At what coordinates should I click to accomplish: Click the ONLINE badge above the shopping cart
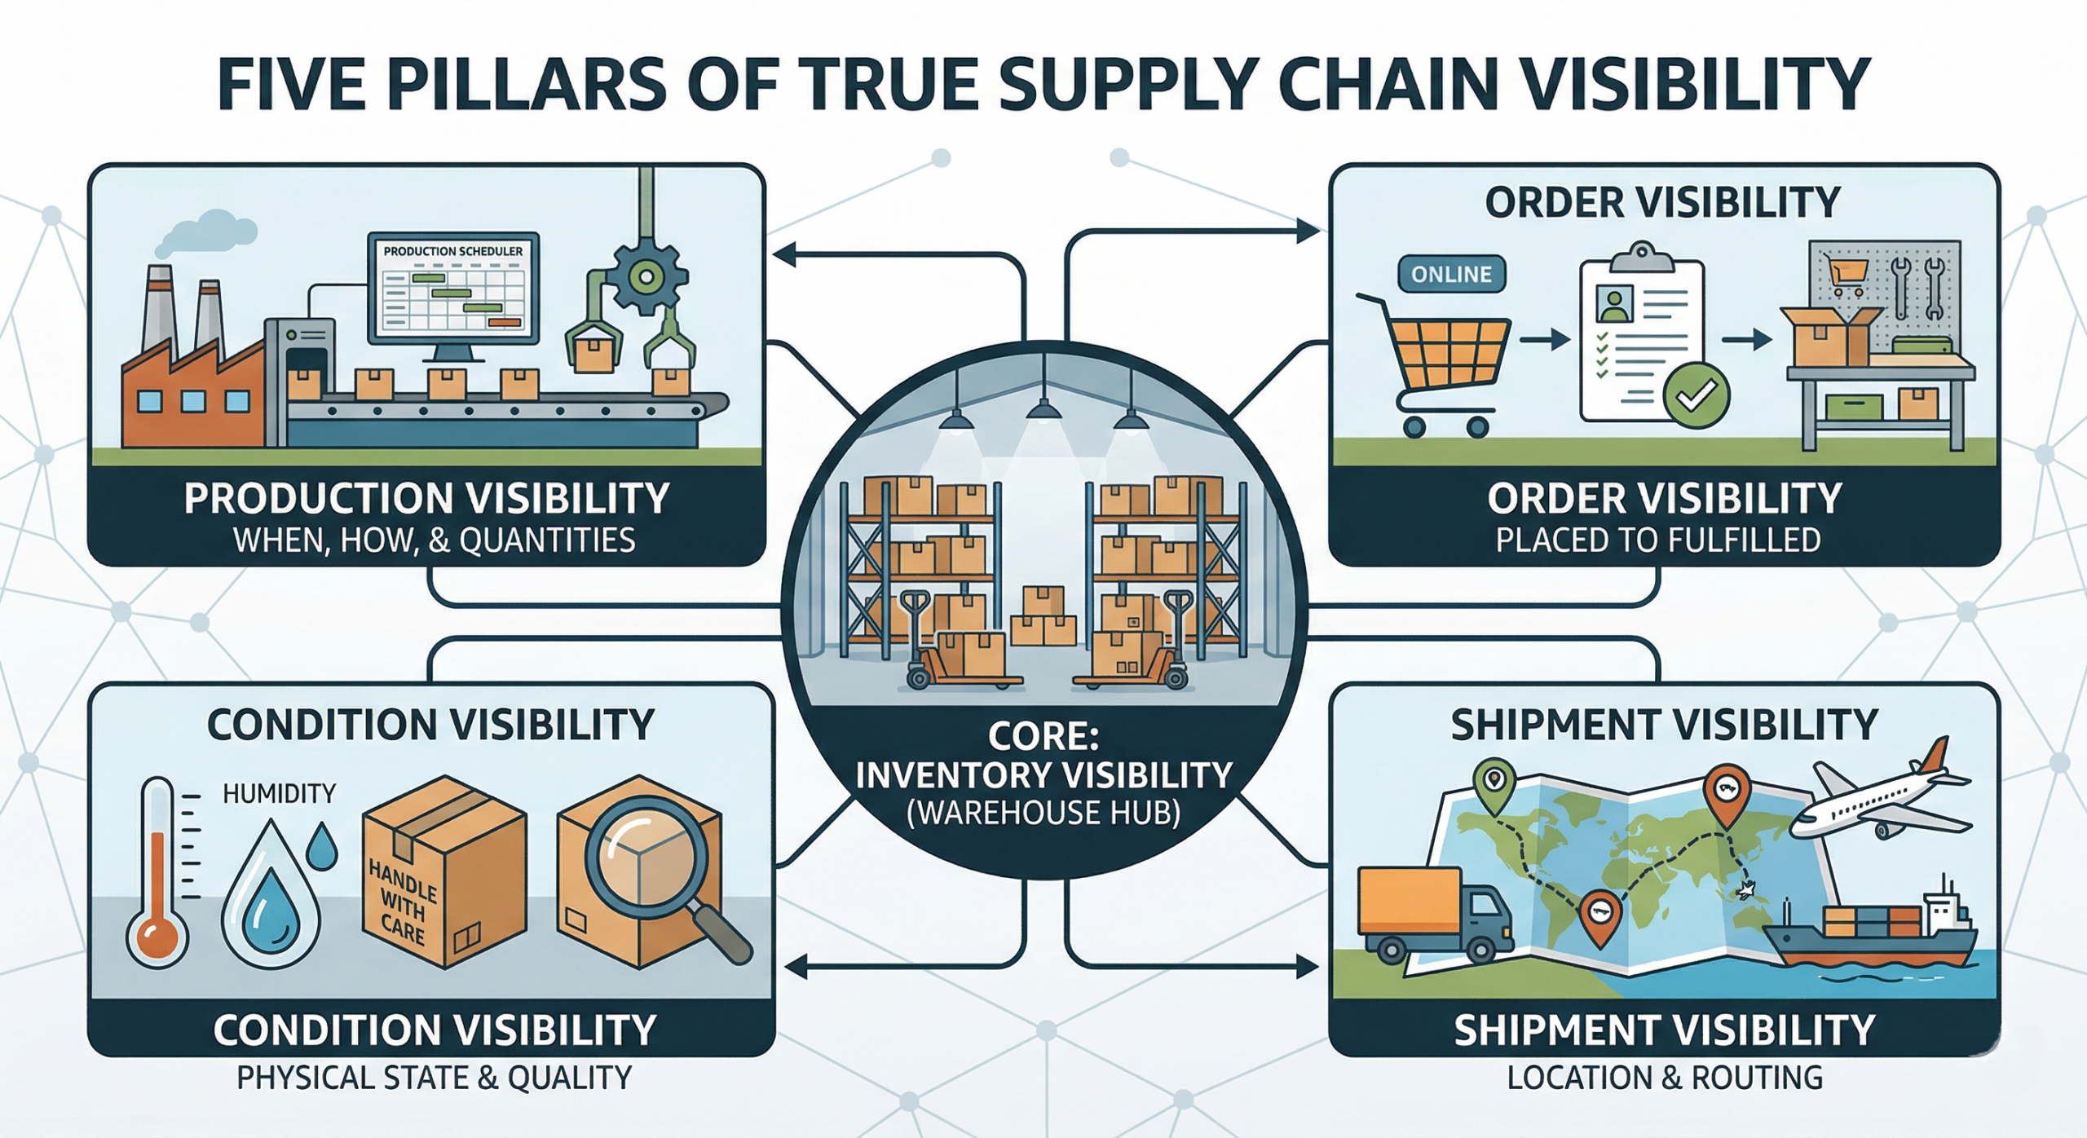[x=1451, y=274]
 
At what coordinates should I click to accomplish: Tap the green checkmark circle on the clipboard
[x=1696, y=395]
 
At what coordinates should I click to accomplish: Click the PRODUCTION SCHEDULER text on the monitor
[x=452, y=251]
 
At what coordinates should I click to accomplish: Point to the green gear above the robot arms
[x=646, y=277]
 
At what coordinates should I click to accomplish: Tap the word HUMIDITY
[x=279, y=792]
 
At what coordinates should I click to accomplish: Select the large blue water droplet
[x=272, y=897]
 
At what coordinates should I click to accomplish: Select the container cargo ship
[x=1875, y=937]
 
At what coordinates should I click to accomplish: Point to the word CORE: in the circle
[x=1043, y=736]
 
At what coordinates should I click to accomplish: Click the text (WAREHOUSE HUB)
[x=1043, y=813]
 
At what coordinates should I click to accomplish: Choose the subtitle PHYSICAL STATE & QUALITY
[x=434, y=1078]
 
